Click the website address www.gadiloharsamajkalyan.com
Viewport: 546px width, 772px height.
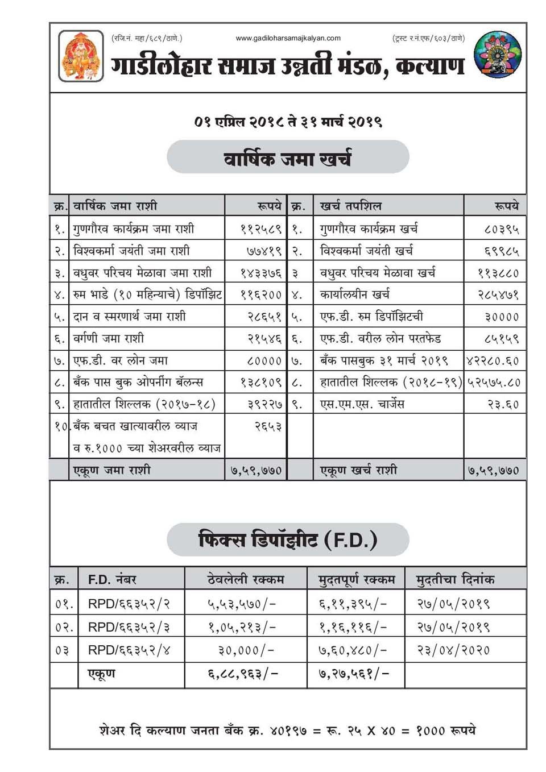click(288, 39)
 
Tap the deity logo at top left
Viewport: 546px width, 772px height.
click(81, 56)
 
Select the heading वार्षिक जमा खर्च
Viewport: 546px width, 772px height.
click(288, 157)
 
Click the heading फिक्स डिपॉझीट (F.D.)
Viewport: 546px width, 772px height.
click(288, 539)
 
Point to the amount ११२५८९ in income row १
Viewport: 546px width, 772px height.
click(261, 229)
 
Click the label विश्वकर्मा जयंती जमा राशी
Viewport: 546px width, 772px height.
click(131, 251)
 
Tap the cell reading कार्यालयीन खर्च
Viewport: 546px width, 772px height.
click(355, 294)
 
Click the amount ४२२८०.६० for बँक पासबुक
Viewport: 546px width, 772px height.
click(493, 360)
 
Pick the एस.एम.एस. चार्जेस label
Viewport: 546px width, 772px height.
click(362, 404)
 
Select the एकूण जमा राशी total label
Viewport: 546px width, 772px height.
click(112, 470)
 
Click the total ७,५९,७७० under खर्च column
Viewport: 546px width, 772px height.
click(493, 470)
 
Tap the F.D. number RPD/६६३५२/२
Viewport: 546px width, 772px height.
click(129, 604)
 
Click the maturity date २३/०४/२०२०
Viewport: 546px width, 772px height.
click(453, 650)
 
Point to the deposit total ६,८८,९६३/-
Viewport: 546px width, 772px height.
click(242, 674)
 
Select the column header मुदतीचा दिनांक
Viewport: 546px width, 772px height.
click(455, 579)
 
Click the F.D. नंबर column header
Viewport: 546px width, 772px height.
click(112, 579)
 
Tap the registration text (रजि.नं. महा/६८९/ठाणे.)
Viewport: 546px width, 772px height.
click(147, 39)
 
